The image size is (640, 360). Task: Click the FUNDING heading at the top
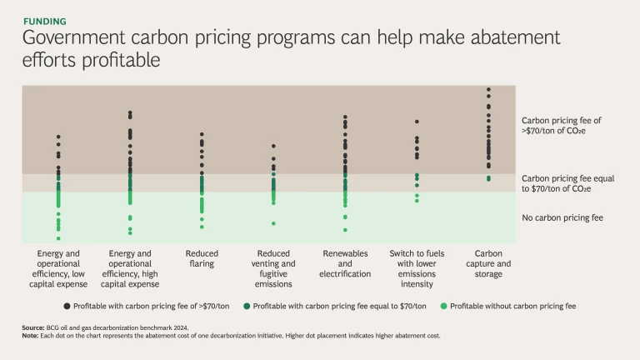pyautogui.click(x=45, y=21)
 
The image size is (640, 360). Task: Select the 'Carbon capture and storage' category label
pyautogui.click(x=488, y=263)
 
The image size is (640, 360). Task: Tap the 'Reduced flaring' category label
pyautogui.click(x=202, y=258)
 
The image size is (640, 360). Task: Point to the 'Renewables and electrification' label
pyautogui.click(x=345, y=263)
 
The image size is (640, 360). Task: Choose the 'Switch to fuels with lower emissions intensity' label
pyautogui.click(x=417, y=268)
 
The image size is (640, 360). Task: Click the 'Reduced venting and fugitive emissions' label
pyautogui.click(x=273, y=268)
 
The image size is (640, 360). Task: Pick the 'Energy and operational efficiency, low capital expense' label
pyautogui.click(x=58, y=268)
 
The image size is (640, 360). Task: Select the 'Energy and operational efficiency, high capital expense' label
pyautogui.click(x=130, y=268)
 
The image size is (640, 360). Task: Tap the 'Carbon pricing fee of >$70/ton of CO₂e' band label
pyautogui.click(x=561, y=125)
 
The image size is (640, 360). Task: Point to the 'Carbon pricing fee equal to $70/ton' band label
pyautogui.click(x=567, y=183)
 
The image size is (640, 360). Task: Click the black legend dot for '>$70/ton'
pyautogui.click(x=67, y=306)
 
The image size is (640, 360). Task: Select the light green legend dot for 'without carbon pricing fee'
pyautogui.click(x=443, y=306)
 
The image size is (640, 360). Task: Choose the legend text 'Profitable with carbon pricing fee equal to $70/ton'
pyautogui.click(x=340, y=306)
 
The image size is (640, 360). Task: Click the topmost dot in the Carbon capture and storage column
pyautogui.click(x=488, y=89)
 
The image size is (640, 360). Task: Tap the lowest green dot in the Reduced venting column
pyautogui.click(x=273, y=223)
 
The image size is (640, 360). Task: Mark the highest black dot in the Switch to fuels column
pyautogui.click(x=417, y=122)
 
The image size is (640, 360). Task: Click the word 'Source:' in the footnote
pyautogui.click(x=33, y=328)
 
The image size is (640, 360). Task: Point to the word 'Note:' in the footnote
pyautogui.click(x=32, y=336)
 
